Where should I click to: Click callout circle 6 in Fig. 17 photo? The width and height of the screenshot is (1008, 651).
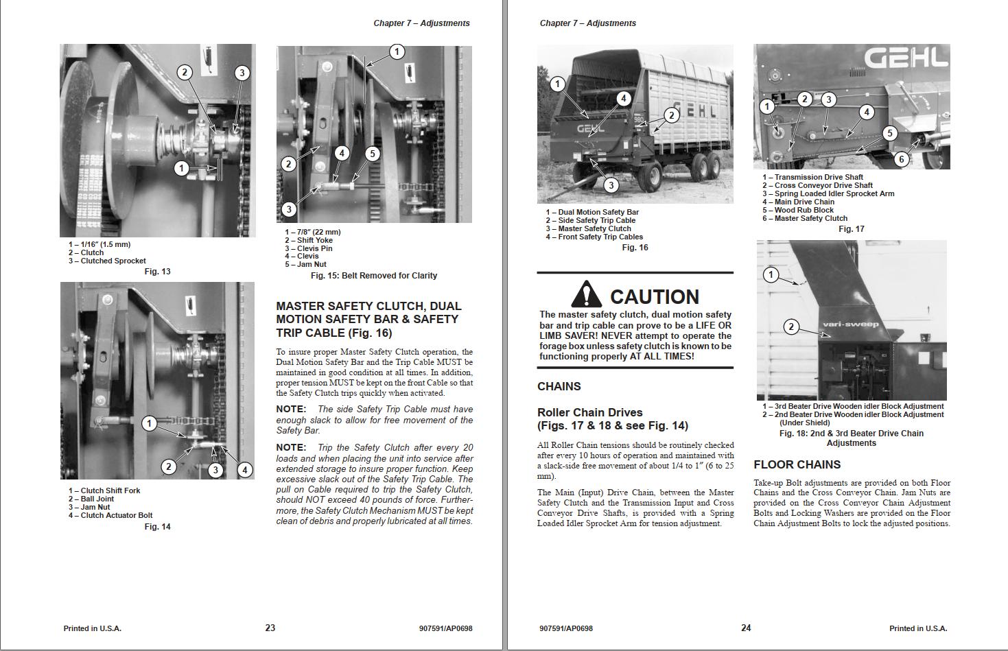[902, 159]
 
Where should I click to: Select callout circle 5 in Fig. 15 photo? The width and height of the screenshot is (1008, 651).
[372, 154]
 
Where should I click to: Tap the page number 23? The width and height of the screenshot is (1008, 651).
[270, 628]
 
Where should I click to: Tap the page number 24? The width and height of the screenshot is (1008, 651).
[746, 628]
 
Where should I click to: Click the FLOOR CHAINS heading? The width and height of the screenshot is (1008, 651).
[797, 464]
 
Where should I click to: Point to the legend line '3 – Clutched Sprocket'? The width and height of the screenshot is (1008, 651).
[107, 261]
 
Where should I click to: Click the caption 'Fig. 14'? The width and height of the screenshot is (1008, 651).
[157, 527]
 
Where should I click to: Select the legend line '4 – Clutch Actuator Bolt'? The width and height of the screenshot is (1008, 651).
[110, 515]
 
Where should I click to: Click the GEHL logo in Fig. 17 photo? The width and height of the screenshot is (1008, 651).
[905, 58]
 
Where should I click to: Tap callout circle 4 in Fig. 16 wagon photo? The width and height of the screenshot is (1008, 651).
[623, 99]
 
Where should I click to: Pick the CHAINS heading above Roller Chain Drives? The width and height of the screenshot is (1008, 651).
[559, 386]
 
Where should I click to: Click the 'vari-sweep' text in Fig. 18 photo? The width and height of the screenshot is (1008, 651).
[851, 324]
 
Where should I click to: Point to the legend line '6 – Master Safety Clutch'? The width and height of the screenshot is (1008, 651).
[804, 218]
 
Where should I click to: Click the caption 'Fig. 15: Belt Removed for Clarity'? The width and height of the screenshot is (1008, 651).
[373, 276]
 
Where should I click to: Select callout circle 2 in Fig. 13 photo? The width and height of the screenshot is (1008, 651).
[184, 72]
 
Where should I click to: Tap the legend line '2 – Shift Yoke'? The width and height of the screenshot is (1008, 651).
[309, 240]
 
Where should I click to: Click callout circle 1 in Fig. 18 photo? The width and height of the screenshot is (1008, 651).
[771, 275]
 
